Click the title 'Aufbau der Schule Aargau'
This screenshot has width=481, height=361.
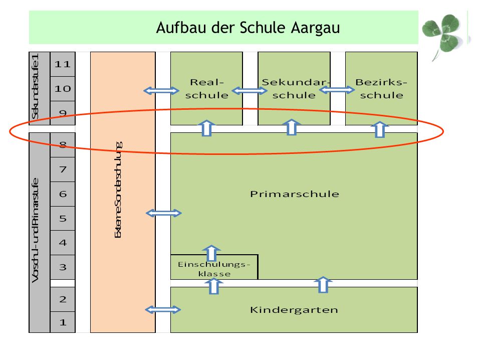[x=248, y=28]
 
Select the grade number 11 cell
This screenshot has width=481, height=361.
[x=63, y=64]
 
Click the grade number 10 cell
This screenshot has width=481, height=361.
[x=63, y=89]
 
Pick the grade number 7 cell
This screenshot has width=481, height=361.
[x=63, y=169]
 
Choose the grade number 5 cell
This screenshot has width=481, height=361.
[x=63, y=218]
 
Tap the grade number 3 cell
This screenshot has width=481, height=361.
[x=63, y=267]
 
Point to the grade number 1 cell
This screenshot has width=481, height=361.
[x=63, y=322]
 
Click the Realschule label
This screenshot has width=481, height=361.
[x=207, y=89]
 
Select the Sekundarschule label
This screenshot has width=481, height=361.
[x=295, y=89]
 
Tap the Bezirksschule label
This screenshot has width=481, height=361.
[x=381, y=89]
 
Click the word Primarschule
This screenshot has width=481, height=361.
[x=295, y=194]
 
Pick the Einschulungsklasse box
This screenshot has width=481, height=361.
[x=214, y=267]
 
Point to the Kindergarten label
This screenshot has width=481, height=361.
[x=294, y=310]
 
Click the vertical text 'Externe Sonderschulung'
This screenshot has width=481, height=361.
[x=118, y=190]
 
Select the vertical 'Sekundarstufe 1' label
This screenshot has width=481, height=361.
[x=35, y=87]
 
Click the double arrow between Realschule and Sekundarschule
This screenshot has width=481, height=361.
[x=249, y=91]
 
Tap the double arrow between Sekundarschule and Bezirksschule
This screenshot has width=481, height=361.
[x=337, y=90]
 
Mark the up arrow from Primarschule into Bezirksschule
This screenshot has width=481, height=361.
[x=380, y=129]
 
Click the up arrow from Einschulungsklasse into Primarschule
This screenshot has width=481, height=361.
[x=211, y=253]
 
